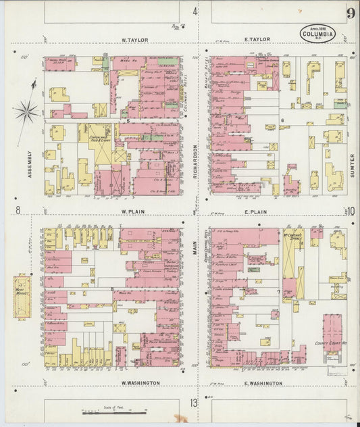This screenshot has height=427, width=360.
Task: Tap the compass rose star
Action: (x=27, y=110)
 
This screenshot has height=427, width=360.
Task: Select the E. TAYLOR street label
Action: (x=257, y=40)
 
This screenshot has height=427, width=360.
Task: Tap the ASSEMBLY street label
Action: (x=28, y=164)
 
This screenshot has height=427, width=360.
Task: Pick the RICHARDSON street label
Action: (x=197, y=159)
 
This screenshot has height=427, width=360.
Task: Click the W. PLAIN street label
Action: (x=134, y=211)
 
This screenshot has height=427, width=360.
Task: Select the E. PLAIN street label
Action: (x=257, y=211)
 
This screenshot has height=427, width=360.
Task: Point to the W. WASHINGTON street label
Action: (x=140, y=382)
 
